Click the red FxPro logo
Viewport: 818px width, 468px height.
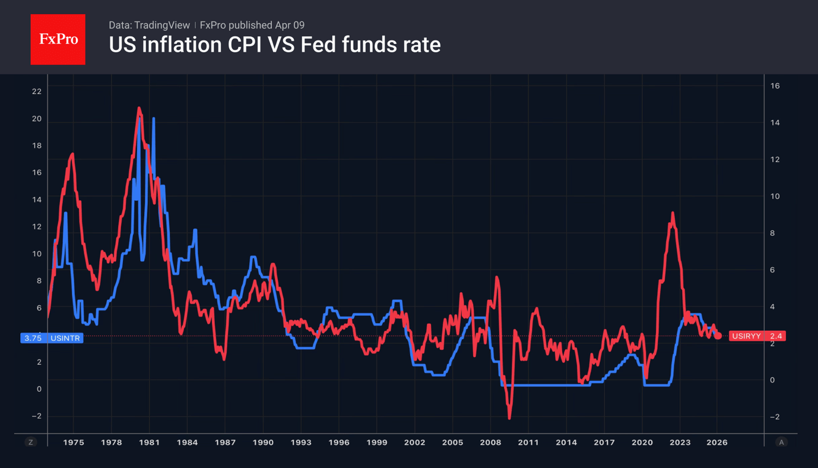tap(58, 40)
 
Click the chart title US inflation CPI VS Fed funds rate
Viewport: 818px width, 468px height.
tap(274, 45)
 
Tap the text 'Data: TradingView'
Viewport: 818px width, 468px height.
tap(149, 25)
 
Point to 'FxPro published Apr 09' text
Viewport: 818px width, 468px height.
tap(252, 25)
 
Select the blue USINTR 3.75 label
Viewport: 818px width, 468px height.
tap(52, 337)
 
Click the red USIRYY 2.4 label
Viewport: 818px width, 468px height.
tap(757, 336)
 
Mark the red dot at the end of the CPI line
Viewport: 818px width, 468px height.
tap(718, 336)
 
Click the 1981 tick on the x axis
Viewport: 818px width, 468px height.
tap(149, 442)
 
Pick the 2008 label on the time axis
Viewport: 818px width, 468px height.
tap(490, 442)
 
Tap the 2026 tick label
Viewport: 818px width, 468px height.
tap(717, 442)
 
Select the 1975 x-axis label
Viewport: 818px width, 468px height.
tap(74, 442)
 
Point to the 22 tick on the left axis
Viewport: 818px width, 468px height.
tap(37, 91)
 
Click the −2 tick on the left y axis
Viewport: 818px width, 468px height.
tap(36, 416)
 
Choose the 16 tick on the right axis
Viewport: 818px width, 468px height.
tap(775, 86)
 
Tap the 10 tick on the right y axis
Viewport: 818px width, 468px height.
tap(775, 196)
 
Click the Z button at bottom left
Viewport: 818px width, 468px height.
tap(31, 442)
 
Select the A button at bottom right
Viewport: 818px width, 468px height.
tap(781, 442)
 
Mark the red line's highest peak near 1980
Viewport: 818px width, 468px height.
tap(139, 108)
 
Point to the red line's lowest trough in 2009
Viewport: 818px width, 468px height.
tap(509, 418)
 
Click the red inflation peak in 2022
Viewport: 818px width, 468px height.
tap(673, 213)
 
